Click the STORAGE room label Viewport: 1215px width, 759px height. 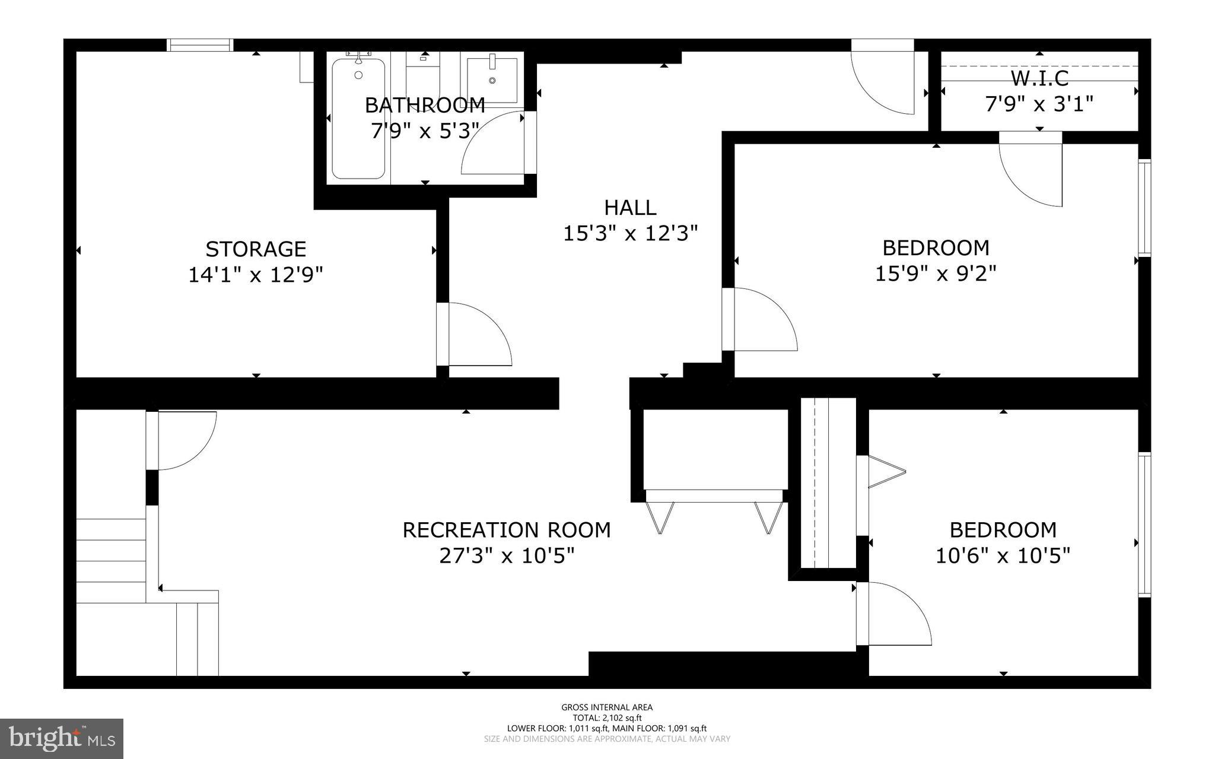tap(256, 249)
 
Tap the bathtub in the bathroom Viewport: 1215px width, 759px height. tap(358, 118)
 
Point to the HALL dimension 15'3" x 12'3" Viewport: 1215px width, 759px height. tap(629, 233)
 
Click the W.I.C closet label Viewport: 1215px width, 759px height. tap(1039, 78)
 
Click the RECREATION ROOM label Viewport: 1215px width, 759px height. tap(507, 530)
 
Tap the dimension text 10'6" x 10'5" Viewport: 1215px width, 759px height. tap(1003, 556)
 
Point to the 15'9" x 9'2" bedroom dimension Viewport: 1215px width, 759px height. tap(936, 274)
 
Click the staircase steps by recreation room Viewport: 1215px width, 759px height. tap(111, 561)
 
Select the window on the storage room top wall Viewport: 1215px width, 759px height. tap(199, 45)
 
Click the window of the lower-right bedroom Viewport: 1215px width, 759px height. tap(1144, 525)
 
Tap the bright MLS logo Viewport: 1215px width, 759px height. tap(62, 738)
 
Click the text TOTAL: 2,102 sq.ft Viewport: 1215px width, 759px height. tap(607, 717)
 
